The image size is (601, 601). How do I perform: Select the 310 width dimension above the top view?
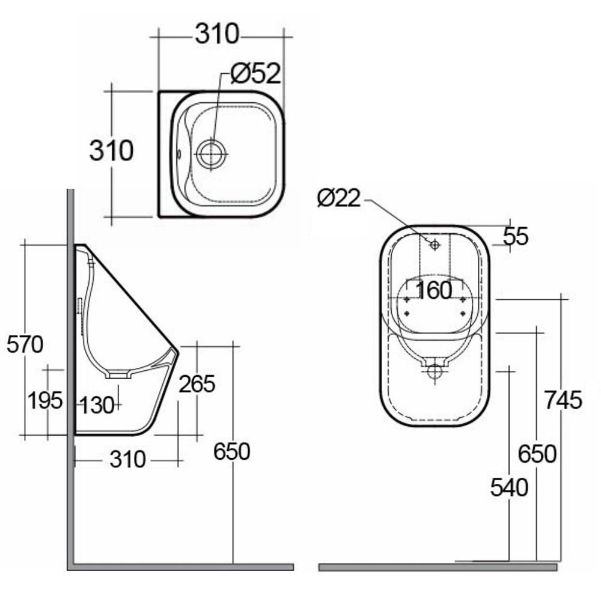tap(217, 34)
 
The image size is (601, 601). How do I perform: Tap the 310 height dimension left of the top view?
tap(111, 151)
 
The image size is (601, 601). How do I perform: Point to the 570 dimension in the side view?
tap(25, 344)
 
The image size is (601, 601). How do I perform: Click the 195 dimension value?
tap(45, 400)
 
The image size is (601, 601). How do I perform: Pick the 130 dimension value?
tap(97, 406)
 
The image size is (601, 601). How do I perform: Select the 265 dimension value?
tap(197, 383)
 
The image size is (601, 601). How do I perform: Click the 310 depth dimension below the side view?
tap(127, 460)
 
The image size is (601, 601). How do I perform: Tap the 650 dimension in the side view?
tap(231, 451)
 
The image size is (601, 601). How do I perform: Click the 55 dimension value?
tap(515, 237)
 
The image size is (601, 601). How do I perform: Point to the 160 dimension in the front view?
tap(433, 290)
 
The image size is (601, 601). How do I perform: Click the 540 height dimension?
tap(509, 487)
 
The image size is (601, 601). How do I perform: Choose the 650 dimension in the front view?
tap(537, 454)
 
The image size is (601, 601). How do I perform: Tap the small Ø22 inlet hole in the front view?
tap(434, 244)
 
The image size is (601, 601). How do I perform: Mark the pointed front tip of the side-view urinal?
tap(178, 349)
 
